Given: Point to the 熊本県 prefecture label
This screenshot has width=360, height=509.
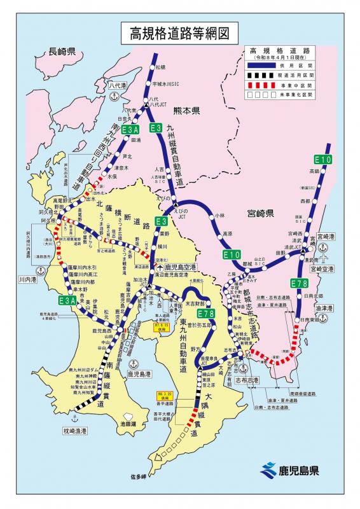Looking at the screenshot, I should pos(186,110).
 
